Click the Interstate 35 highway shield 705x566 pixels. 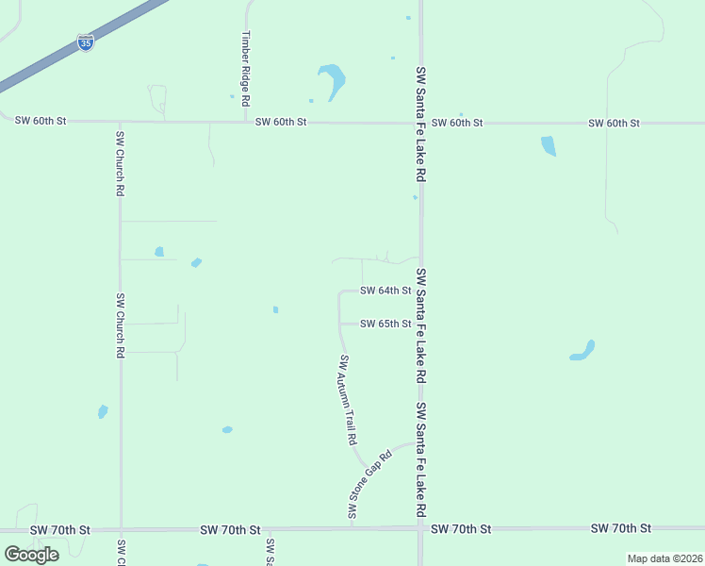[86, 43]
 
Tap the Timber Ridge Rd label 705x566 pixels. [245, 68]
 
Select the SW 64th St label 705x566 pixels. [385, 291]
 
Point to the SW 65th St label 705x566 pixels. [385, 324]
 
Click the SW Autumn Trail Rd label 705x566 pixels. [348, 399]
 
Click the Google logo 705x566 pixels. [32, 555]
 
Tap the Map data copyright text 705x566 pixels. [665, 558]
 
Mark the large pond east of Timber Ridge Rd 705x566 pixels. [331, 79]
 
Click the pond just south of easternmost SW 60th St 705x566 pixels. [549, 146]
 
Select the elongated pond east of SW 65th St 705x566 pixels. [582, 351]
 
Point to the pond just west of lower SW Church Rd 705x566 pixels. [103, 411]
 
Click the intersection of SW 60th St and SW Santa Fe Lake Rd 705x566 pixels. [420, 123]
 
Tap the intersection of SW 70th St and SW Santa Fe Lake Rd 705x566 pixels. [420, 528]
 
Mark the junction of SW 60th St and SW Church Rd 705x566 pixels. [120, 122]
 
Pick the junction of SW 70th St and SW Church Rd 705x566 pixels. [121, 529]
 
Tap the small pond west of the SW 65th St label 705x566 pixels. [275, 309]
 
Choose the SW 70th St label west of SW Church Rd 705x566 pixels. [59, 530]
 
